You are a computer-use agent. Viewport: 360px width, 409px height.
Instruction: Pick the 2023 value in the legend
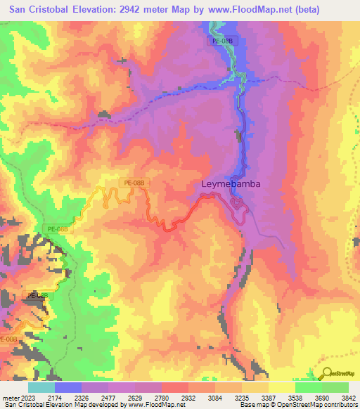(x=32, y=398)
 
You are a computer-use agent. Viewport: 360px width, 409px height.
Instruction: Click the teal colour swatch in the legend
(x=41, y=387)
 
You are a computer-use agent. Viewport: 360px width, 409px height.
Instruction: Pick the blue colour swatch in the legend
(x=67, y=387)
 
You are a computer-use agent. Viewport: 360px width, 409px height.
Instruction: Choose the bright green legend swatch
(x=309, y=387)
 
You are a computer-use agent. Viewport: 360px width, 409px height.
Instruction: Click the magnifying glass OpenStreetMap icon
(x=327, y=373)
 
